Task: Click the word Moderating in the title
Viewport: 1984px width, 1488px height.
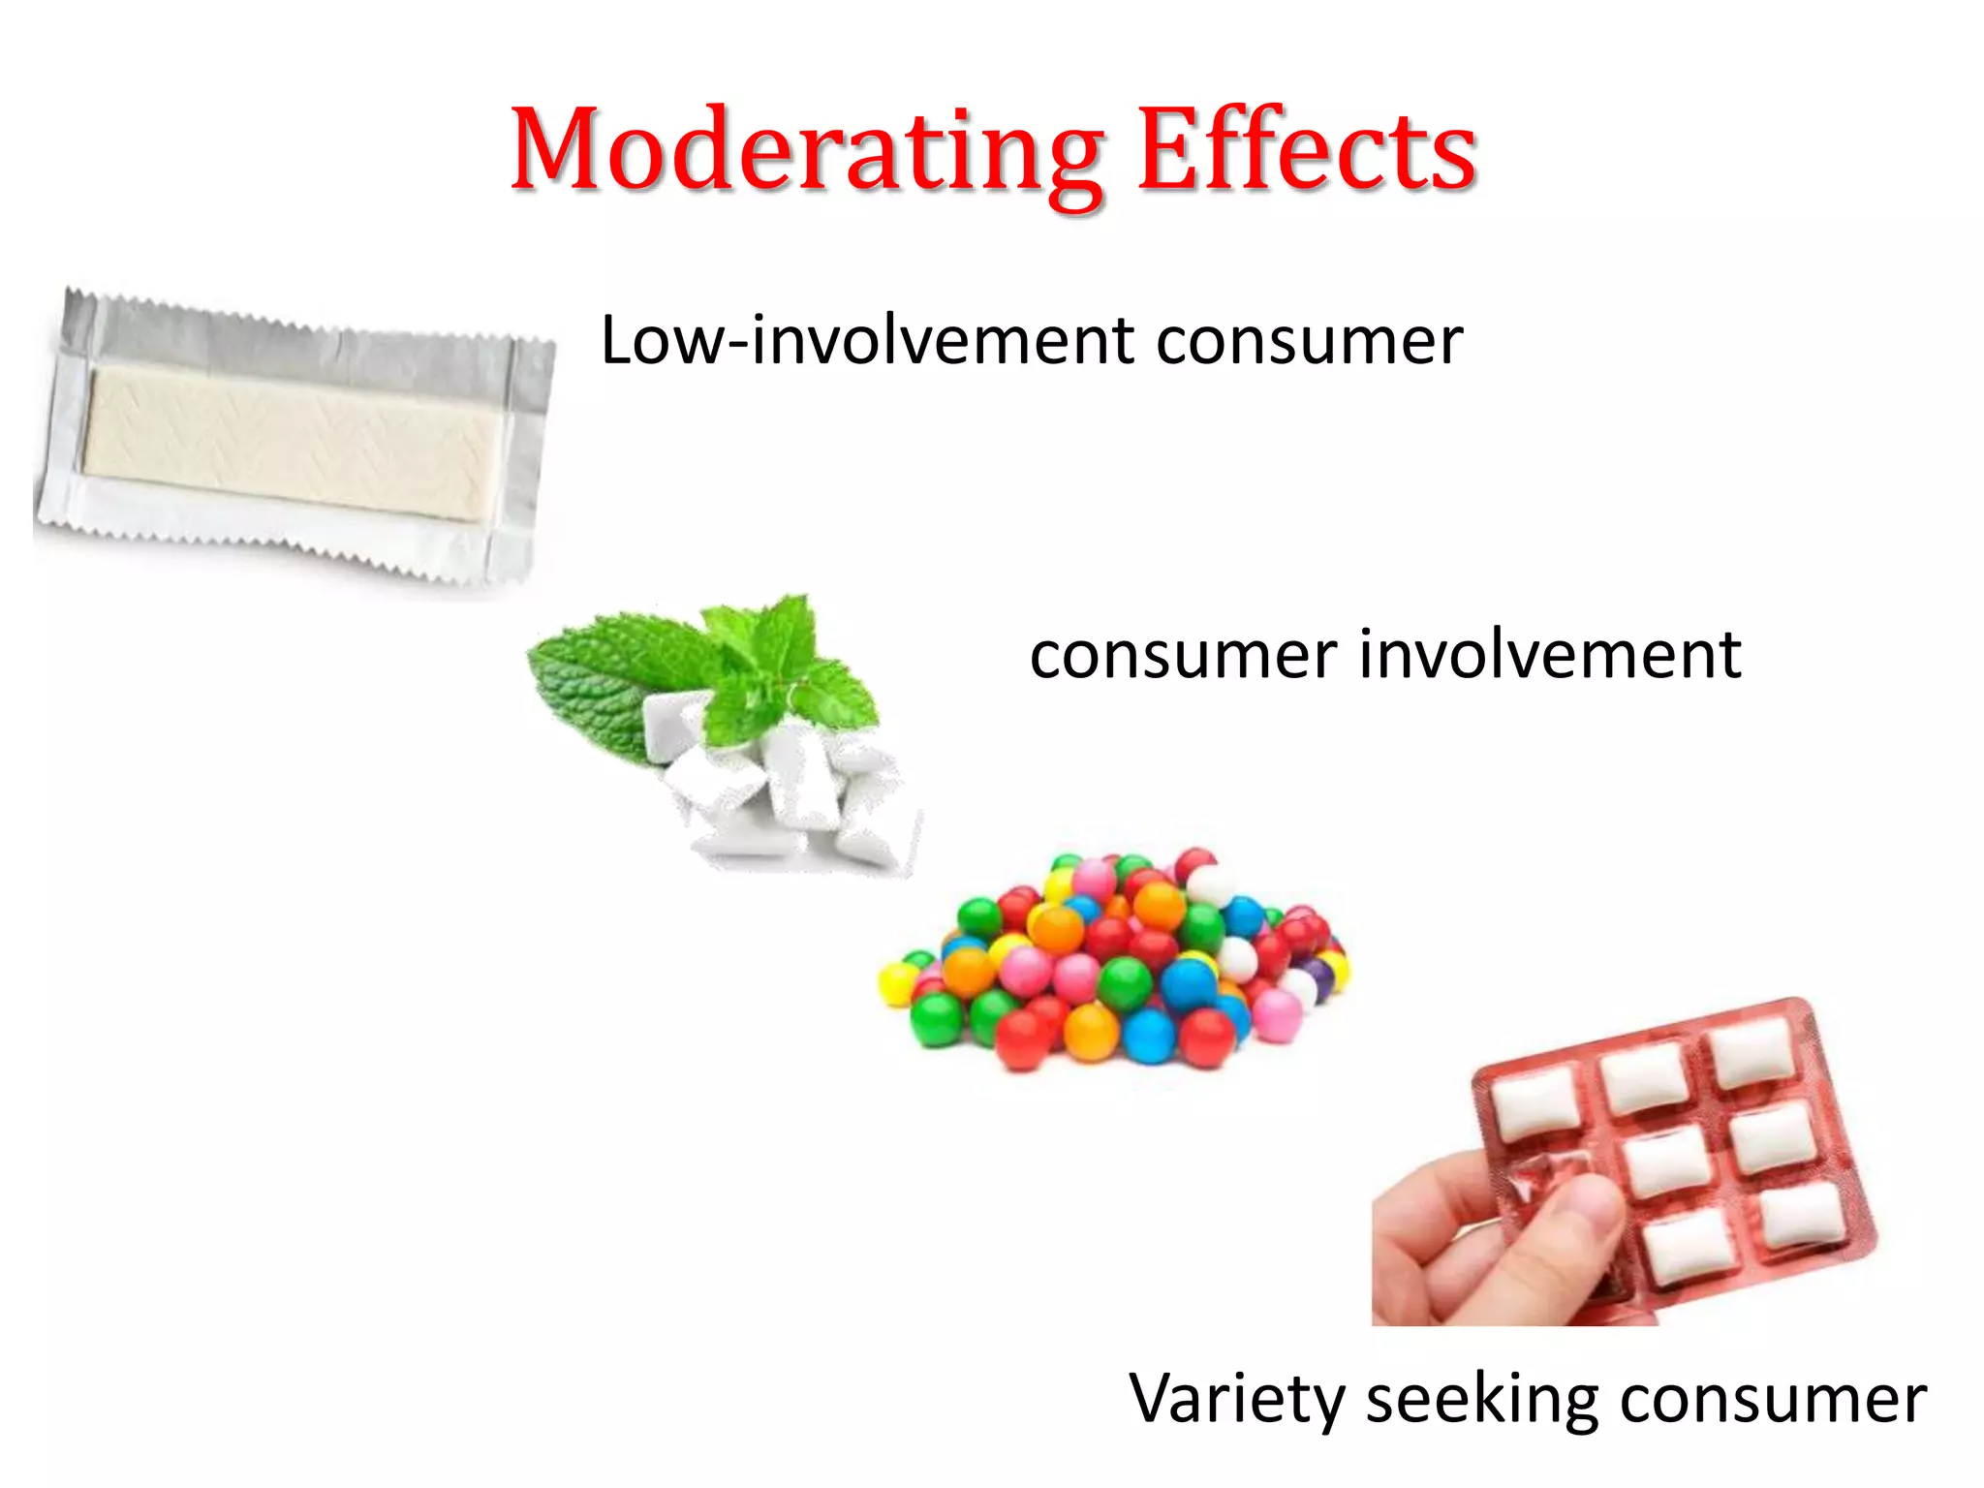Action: coord(806,153)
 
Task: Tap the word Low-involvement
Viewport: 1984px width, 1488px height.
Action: coord(867,341)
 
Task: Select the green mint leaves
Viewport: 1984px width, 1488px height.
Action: coord(707,668)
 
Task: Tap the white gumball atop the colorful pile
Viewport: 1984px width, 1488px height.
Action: coord(1210,884)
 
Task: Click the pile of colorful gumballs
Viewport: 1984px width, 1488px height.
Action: coord(1114,969)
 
